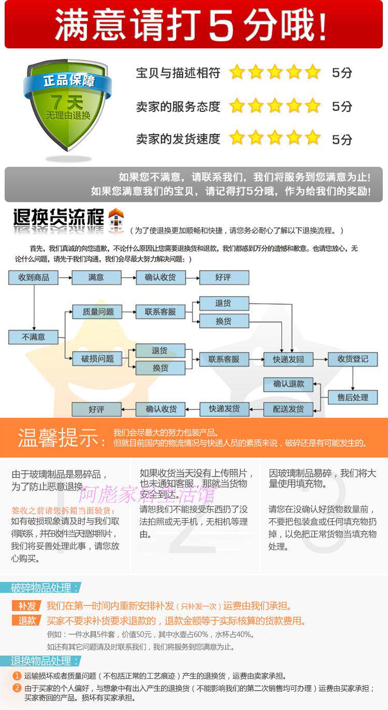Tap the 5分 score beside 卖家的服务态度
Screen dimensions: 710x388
click(x=342, y=106)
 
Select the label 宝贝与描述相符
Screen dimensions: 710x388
click(x=178, y=73)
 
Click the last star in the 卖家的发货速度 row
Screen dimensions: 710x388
click(x=313, y=138)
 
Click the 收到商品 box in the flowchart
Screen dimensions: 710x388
click(x=34, y=277)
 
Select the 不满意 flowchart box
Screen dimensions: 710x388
click(x=34, y=337)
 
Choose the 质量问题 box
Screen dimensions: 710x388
click(x=97, y=312)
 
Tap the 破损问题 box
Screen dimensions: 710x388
click(x=97, y=359)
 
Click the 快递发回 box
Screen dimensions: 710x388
click(x=288, y=359)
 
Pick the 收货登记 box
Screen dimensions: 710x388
click(x=352, y=359)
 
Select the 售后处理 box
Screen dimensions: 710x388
click(x=352, y=397)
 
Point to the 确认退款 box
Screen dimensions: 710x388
click(x=288, y=384)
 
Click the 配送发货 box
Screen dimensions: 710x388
click(x=288, y=409)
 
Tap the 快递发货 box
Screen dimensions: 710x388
click(x=224, y=409)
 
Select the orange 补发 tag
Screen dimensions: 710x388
click(x=27, y=606)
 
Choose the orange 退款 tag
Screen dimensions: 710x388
click(x=27, y=620)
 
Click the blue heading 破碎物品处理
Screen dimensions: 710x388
click(x=45, y=588)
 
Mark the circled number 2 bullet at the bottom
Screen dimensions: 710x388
click(x=17, y=688)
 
